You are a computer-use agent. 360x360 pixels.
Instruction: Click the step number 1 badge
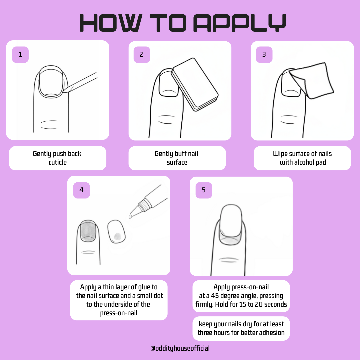tap(20, 54)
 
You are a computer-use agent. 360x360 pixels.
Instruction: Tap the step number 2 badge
tap(142, 54)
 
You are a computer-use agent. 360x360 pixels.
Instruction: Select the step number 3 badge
tap(264, 54)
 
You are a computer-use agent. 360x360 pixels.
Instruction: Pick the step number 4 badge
tap(81, 190)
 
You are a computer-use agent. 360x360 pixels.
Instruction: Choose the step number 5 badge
tap(204, 190)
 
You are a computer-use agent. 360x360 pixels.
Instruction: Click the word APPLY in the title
tap(240, 23)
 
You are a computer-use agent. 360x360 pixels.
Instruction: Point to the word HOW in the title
tap(111, 23)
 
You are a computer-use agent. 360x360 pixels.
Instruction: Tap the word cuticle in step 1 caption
tap(58, 162)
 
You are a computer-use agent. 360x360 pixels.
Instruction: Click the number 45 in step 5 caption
tap(215, 295)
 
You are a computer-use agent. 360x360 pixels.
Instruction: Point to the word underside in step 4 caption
tap(118, 304)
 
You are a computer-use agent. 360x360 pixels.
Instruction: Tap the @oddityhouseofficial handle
tap(180, 348)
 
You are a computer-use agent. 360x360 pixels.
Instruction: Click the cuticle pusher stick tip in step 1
tap(64, 92)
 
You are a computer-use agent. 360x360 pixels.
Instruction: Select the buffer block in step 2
tap(195, 84)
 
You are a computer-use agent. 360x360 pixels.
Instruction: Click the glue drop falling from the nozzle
tap(130, 216)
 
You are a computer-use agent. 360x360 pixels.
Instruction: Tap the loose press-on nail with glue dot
tap(116, 231)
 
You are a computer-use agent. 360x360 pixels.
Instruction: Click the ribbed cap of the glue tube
tap(143, 205)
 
